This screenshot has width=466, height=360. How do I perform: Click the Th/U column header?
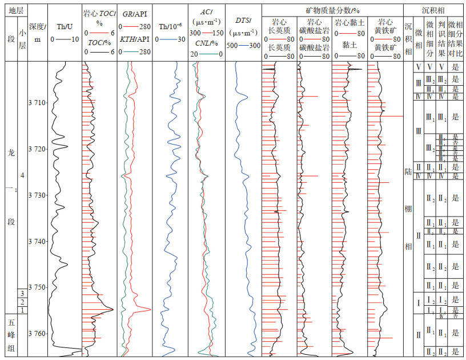[66, 26]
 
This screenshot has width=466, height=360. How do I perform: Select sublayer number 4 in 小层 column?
[22, 174]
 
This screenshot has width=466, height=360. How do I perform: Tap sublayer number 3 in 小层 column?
[22, 293]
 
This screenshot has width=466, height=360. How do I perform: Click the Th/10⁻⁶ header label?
[170, 26]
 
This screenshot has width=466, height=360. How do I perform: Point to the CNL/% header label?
[206, 43]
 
